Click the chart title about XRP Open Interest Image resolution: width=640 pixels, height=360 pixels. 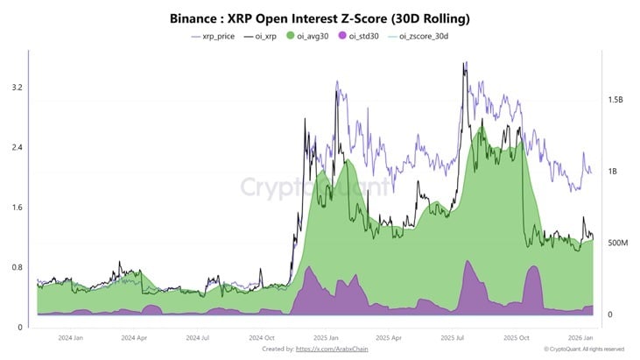[320, 18]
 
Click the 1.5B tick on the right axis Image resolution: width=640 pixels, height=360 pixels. [615, 100]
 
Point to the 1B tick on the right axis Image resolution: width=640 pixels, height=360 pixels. [613, 172]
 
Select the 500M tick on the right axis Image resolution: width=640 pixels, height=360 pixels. [618, 243]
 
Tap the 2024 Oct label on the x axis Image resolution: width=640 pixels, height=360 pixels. [263, 336]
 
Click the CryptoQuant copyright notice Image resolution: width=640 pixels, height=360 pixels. [583, 349]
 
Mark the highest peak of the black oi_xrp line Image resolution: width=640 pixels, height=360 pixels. [465, 62]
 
